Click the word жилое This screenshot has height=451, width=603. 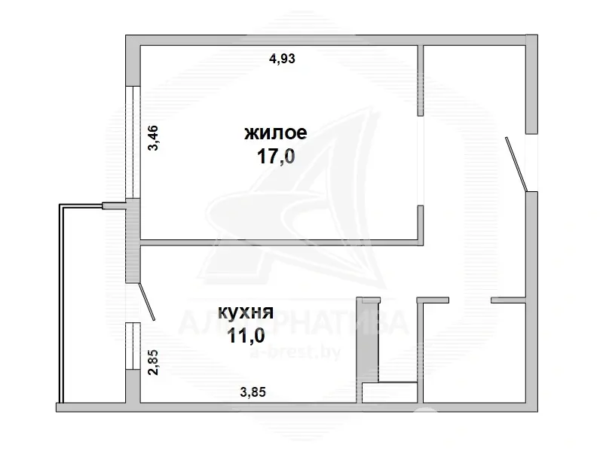[276, 133]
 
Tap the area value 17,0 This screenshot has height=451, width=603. [276, 157]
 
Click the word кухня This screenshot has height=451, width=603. [246, 312]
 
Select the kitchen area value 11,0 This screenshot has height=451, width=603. [246, 335]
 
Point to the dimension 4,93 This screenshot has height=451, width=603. [282, 59]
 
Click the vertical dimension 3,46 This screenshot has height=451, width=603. [153, 138]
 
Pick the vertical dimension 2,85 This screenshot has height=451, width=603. [153, 362]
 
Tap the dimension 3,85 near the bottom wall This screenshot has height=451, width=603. [253, 392]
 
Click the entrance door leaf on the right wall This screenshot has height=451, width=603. [516, 164]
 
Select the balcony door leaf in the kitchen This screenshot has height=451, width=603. [146, 302]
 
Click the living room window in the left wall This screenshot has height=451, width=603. [133, 142]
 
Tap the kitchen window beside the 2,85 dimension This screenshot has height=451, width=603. [133, 346]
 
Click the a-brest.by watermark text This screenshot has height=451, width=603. [295, 352]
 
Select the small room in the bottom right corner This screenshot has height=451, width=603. [474, 352]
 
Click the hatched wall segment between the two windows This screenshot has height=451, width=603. [133, 241]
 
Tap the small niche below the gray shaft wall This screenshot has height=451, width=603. [390, 392]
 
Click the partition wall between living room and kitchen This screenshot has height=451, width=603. [281, 242]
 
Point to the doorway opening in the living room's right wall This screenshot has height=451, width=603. [421, 160]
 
